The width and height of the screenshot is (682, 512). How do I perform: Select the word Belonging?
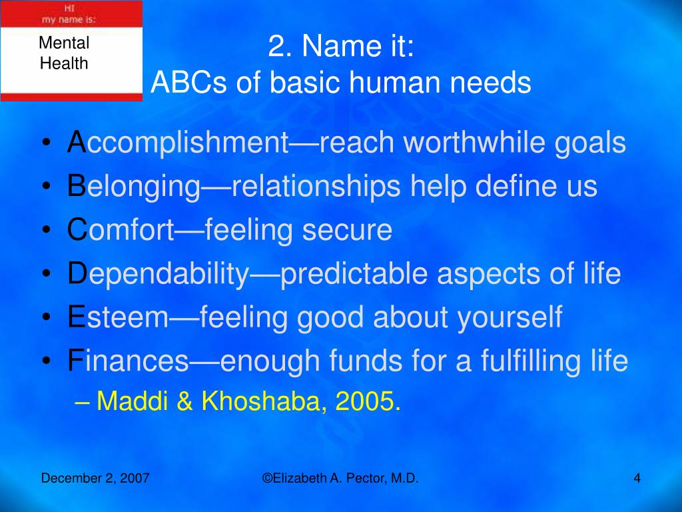click(133, 187)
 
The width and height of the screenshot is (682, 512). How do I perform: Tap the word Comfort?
click(120, 230)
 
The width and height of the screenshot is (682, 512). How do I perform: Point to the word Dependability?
click(157, 274)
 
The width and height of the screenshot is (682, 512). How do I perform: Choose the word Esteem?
click(118, 317)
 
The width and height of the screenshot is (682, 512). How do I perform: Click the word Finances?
click(128, 361)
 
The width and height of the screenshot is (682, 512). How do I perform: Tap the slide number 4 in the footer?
click(637, 478)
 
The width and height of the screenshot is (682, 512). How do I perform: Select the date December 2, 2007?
click(95, 478)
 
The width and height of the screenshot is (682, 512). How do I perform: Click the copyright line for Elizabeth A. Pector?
click(340, 478)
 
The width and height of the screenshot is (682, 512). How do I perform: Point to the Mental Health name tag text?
click(64, 54)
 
